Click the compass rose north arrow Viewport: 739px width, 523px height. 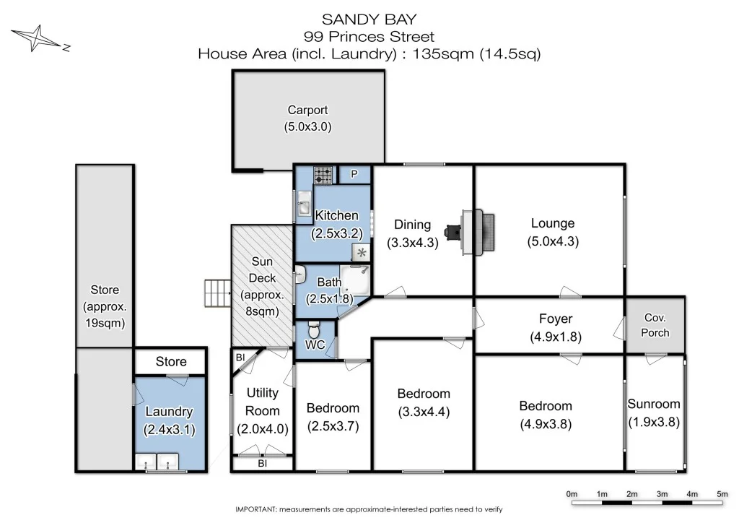pyautogui.click(x=40, y=38)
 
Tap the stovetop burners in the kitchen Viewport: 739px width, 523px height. pyautogui.click(x=323, y=176)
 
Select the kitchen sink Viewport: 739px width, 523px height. pyautogui.click(x=304, y=204)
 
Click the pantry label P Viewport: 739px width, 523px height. pyautogui.click(x=354, y=174)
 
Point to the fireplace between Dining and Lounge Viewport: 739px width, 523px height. pyautogui.click(x=476, y=233)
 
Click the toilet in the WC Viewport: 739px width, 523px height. pyautogui.click(x=313, y=329)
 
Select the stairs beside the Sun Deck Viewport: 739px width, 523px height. pyautogui.click(x=218, y=293)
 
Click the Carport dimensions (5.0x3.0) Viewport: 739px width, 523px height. pyautogui.click(x=307, y=127)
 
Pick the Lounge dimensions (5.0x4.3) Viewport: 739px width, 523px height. pyautogui.click(x=553, y=241)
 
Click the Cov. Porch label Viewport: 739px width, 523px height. pyautogui.click(x=655, y=325)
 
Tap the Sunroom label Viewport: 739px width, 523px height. pyautogui.click(x=654, y=404)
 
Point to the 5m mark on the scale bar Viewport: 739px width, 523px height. pyautogui.click(x=722, y=494)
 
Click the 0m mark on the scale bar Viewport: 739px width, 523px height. pyautogui.click(x=572, y=494)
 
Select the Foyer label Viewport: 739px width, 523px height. pyautogui.click(x=556, y=319)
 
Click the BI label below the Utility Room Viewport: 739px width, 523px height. pyautogui.click(x=263, y=464)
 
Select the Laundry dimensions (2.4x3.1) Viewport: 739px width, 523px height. pyautogui.click(x=169, y=430)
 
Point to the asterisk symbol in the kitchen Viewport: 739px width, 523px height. pyautogui.click(x=362, y=253)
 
